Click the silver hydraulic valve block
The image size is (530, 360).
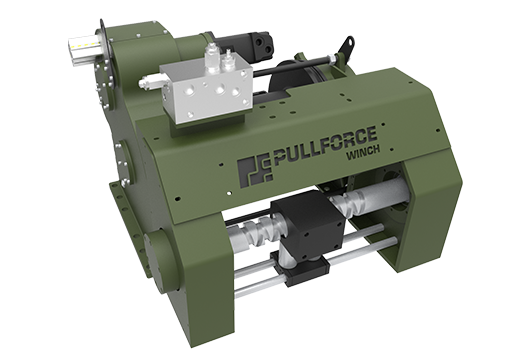207,90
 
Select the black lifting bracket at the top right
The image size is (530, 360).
345,49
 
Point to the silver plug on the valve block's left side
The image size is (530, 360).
149,82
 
